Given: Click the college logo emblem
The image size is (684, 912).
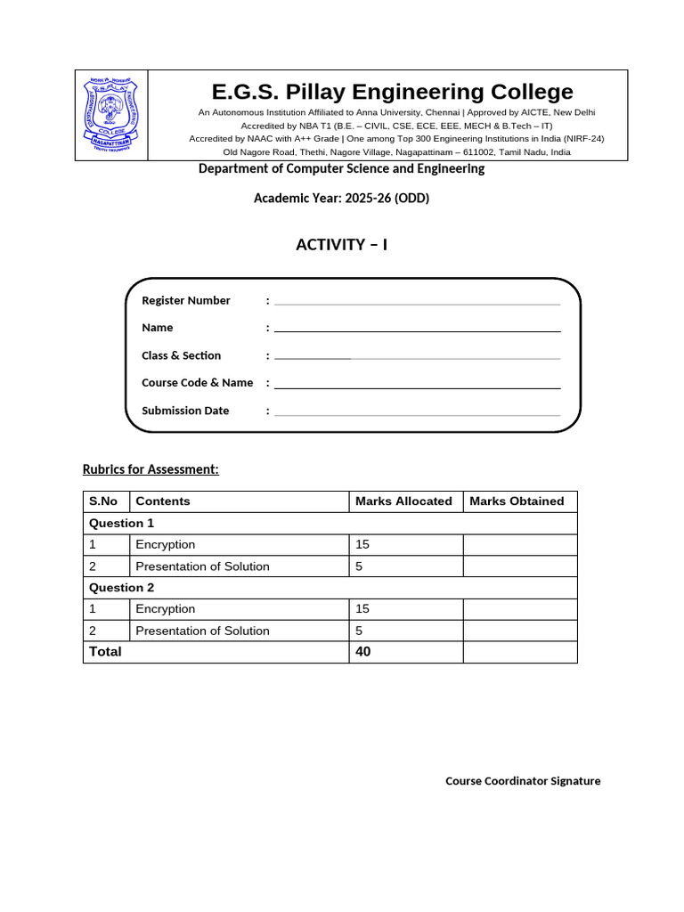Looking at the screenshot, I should click(x=111, y=115).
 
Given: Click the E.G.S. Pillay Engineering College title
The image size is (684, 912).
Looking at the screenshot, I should click(x=392, y=92).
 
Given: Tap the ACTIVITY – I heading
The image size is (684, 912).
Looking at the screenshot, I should click(x=341, y=245).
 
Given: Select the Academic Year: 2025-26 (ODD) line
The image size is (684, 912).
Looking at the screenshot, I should click(x=341, y=198).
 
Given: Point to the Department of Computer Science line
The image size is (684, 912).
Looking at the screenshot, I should click(x=341, y=168).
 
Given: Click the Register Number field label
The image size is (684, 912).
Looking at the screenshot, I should click(x=186, y=300).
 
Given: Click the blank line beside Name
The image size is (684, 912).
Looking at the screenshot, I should click(x=417, y=330).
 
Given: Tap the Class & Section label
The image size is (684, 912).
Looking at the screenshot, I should click(x=181, y=355).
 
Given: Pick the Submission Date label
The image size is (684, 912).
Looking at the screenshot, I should click(x=185, y=411).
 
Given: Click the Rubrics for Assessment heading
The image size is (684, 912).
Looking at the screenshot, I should click(x=151, y=469).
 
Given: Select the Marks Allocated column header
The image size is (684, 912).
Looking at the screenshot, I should click(x=403, y=501).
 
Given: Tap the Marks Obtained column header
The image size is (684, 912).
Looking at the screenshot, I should click(x=517, y=501).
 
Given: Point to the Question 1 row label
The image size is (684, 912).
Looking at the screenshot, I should click(x=121, y=523).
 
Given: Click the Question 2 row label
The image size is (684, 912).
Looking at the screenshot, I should click(x=121, y=588).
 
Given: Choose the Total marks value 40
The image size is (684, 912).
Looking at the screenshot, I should click(x=363, y=652).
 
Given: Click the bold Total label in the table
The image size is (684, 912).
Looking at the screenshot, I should click(x=104, y=652).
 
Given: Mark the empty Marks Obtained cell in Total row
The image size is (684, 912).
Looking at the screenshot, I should click(x=519, y=652).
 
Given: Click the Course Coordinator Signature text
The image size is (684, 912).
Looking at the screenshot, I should click(x=523, y=781).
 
